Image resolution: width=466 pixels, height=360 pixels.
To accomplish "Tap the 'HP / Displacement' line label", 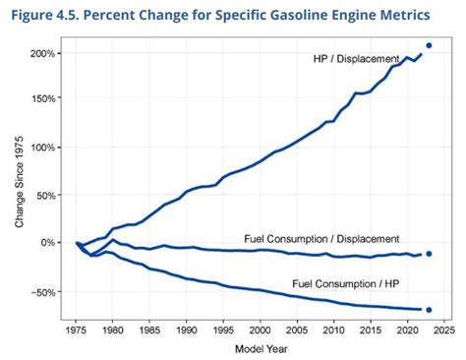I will point(355,59).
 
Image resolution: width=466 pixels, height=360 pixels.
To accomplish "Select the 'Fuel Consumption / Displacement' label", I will point(321,238).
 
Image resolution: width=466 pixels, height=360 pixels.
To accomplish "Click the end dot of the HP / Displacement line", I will point(429,45).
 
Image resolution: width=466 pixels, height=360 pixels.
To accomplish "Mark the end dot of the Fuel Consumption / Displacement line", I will point(429,253).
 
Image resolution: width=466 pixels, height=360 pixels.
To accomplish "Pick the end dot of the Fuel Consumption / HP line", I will point(429,310).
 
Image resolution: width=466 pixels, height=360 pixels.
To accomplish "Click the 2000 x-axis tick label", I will point(260,332).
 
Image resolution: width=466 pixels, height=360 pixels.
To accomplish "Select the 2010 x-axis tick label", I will point(333,332).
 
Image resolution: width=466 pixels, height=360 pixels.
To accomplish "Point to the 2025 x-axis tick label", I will point(442,332).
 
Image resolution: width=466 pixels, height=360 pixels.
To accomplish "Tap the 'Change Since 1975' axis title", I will point(19,181).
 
